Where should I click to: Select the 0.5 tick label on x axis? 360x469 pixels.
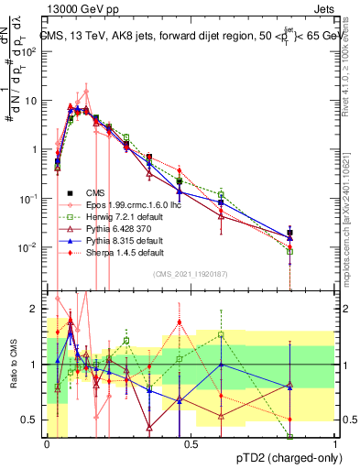[x=191, y=442]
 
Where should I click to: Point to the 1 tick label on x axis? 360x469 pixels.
[x=335, y=442]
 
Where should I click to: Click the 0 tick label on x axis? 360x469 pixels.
[x=47, y=442]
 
